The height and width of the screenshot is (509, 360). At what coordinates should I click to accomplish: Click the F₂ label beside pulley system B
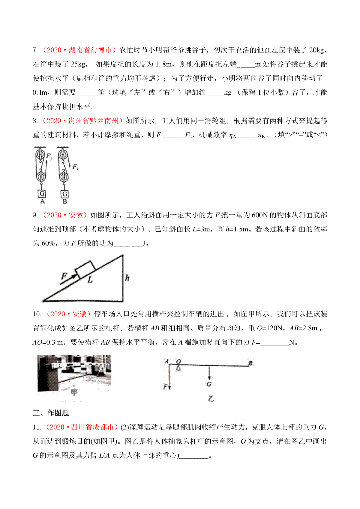coord(75,167)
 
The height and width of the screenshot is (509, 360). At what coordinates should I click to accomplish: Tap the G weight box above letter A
coord(42,194)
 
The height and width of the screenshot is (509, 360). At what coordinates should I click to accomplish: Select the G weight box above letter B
coord(65,194)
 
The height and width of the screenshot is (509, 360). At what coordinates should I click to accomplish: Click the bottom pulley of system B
coord(63,176)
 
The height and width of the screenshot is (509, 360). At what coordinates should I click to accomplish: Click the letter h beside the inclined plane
coord(127,278)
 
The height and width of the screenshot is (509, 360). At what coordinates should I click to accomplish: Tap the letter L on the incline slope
coord(90,280)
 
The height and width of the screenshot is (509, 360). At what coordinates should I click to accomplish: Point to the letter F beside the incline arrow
coord(64,276)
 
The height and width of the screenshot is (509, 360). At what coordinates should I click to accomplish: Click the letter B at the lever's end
coord(250,363)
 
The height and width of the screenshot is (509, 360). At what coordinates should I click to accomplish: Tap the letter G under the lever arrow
coord(209,384)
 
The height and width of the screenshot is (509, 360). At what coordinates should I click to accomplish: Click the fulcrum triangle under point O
coord(179,368)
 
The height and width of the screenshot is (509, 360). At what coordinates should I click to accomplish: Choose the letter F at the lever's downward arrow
coord(165,387)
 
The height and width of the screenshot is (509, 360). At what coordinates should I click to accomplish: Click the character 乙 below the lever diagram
coord(211,399)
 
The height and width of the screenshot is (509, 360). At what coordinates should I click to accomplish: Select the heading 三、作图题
coord(51,413)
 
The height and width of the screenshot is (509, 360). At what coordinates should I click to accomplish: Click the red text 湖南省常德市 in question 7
coord(90,50)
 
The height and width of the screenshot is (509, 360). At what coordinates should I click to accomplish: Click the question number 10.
coord(37,314)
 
